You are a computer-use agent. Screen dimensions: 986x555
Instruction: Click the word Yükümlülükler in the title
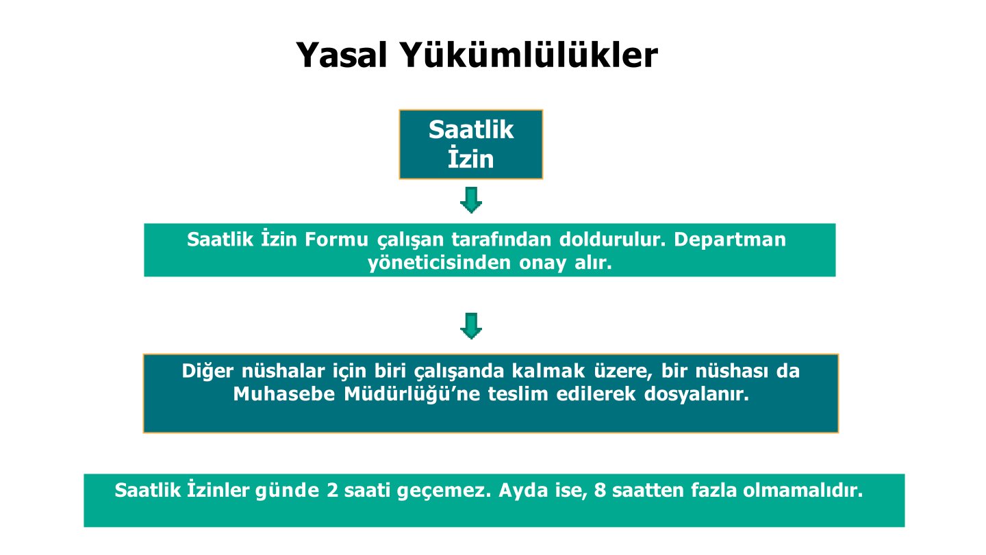click(x=529, y=55)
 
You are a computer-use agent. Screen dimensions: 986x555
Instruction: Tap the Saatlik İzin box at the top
click(x=471, y=144)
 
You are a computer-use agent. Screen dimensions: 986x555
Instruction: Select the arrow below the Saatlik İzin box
click(x=471, y=200)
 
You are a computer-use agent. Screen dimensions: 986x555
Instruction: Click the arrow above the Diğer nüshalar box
click(x=471, y=326)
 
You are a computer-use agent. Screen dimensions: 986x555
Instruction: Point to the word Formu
click(x=336, y=240)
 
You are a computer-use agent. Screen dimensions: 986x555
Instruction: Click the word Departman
click(x=730, y=240)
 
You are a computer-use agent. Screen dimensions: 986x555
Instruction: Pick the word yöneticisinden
click(x=440, y=263)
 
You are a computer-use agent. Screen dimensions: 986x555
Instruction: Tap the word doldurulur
click(x=612, y=240)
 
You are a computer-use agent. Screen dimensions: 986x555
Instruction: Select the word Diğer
click(x=207, y=371)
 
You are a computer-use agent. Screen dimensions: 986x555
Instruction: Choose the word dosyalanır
click(x=696, y=394)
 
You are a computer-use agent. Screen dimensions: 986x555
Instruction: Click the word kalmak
click(x=548, y=371)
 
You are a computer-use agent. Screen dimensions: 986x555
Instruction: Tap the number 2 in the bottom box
click(x=332, y=491)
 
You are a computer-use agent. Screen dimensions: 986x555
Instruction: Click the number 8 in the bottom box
click(x=600, y=491)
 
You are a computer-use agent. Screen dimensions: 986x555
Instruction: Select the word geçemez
click(x=444, y=491)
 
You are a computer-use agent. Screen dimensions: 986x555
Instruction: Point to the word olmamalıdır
click(x=803, y=491)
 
